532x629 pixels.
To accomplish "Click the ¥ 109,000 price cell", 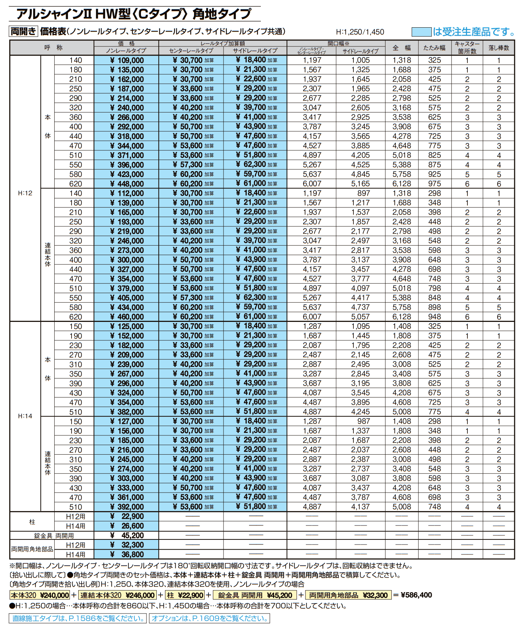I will (127, 60).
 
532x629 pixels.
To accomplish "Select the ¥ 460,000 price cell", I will (127, 317).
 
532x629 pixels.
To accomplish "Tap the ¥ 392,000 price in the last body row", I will (127, 507).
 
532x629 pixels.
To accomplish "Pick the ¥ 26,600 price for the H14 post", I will (127, 526).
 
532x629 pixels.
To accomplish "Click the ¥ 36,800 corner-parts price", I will (127, 555).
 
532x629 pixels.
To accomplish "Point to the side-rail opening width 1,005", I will (360, 60).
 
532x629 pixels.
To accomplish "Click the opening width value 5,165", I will (360, 184).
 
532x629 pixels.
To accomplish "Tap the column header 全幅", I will (402, 48).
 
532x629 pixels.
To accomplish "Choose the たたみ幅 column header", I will (434, 48).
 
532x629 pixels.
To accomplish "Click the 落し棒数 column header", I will (498, 48).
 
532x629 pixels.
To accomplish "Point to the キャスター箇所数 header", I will (467, 48).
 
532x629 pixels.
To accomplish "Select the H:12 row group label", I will (25, 193).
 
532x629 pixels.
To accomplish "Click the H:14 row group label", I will (25, 416).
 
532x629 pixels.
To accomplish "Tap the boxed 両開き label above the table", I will (23, 32).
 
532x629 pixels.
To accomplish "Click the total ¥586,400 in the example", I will (416, 595).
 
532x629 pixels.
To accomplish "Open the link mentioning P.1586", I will (78, 618).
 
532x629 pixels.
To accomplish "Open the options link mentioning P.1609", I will (210, 618).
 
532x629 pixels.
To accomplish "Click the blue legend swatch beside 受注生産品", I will (421, 32).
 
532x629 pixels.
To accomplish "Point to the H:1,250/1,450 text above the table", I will (360, 32).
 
